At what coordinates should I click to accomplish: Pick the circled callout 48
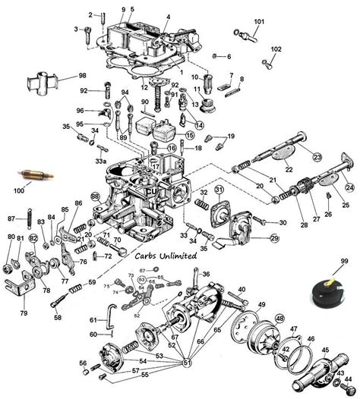pyautogui.click(x=279, y=318)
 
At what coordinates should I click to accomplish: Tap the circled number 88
pyautogui.click(x=95, y=196)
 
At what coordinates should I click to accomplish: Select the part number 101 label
pyautogui.click(x=259, y=20)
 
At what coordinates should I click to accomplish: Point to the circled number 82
pyautogui.click(x=33, y=239)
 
